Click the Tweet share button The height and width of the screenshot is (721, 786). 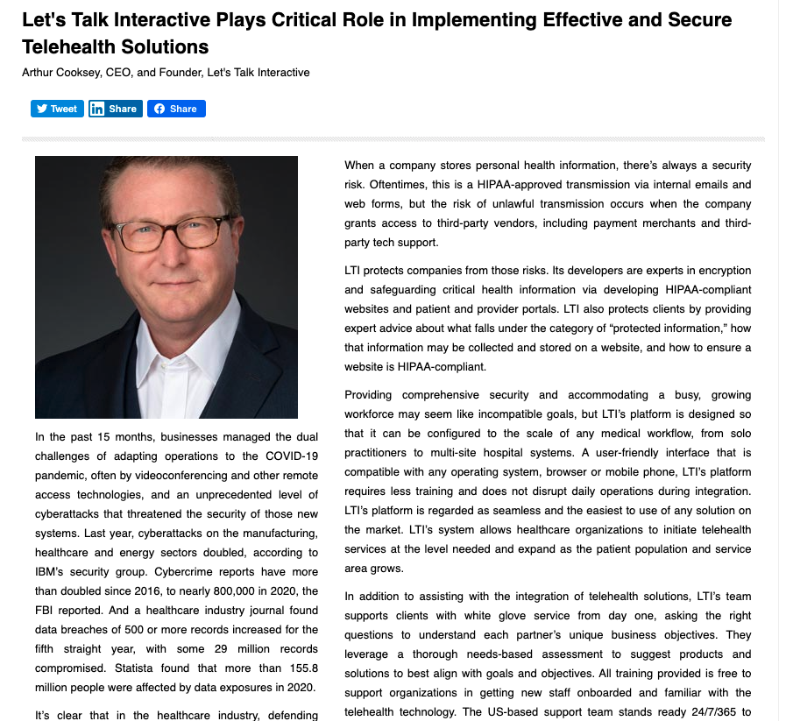click(57, 109)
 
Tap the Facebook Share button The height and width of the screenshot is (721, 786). click(176, 109)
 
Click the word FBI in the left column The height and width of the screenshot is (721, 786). click(46, 611)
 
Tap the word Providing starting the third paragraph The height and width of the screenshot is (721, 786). click(373, 395)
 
